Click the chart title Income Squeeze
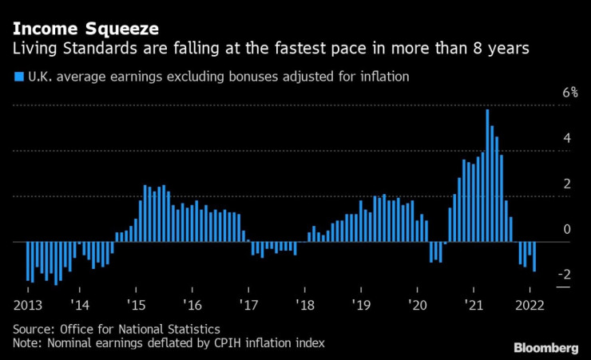pos(85,29)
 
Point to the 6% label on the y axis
pos(547,93)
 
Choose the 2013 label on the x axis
pos(27,305)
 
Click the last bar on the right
pos(533,256)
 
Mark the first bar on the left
pos(27,261)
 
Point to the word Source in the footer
pos(33,329)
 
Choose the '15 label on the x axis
pos(135,305)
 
